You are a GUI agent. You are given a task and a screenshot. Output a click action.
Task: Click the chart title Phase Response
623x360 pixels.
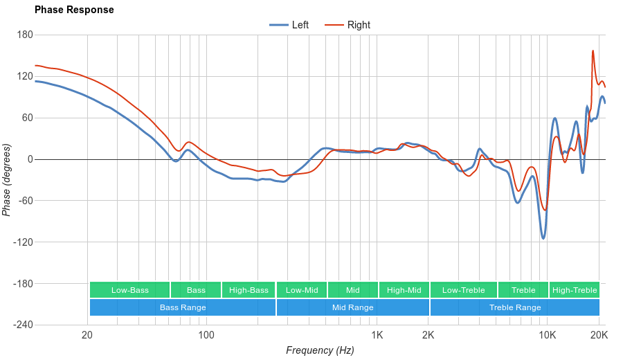click(74, 10)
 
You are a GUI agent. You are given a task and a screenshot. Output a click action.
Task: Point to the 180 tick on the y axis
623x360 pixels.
click(25, 35)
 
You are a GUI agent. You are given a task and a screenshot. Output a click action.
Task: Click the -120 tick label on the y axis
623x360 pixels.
click(23, 242)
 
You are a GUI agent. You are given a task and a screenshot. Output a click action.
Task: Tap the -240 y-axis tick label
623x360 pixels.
click(23, 325)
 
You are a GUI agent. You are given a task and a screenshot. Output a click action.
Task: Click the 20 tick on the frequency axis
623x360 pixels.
click(87, 336)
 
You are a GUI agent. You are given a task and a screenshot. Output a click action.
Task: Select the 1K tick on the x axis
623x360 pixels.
click(377, 336)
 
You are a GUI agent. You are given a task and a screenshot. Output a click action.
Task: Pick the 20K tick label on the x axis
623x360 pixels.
click(599, 336)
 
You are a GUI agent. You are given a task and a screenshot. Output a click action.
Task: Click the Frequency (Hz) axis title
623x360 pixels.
click(320, 350)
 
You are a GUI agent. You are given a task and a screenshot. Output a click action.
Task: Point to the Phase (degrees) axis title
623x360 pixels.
click(7, 180)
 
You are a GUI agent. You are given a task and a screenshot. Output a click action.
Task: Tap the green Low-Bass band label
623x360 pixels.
click(129, 290)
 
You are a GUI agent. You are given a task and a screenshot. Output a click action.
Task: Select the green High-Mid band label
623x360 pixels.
click(404, 290)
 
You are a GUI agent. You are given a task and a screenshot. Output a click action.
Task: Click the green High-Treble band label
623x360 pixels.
click(574, 290)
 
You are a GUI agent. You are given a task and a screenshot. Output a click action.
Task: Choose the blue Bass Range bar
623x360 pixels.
click(182, 307)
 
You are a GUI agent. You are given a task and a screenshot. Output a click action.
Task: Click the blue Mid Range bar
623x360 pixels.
click(352, 307)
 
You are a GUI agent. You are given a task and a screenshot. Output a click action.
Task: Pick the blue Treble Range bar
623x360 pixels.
click(514, 307)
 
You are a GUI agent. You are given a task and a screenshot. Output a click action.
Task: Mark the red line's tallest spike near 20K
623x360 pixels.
click(593, 51)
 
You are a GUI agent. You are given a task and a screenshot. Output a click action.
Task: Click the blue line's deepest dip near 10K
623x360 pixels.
click(543, 238)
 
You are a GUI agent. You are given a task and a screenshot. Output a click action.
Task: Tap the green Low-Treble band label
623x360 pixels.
click(463, 290)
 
